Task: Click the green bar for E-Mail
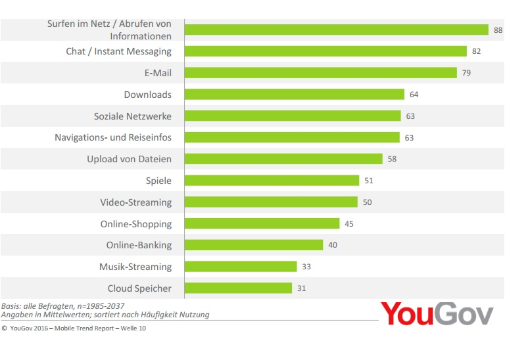coord(320,73)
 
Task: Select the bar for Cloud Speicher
coord(238,288)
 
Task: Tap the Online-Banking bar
coord(254,245)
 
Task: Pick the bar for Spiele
coord(272,181)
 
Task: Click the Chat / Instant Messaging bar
coord(325,51)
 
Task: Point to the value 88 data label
coord(498,30)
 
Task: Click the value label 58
coord(392,159)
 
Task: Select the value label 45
coord(349,224)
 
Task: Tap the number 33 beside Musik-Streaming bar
coord(306,267)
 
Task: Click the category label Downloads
coord(147,95)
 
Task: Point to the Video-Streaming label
coord(135,202)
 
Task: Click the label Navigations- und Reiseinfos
coord(112,138)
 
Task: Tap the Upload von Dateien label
coord(129,159)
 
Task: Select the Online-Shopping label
coord(135,224)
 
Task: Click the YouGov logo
coord(437,314)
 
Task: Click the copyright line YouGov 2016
coord(74,328)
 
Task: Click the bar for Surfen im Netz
coord(336,30)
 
